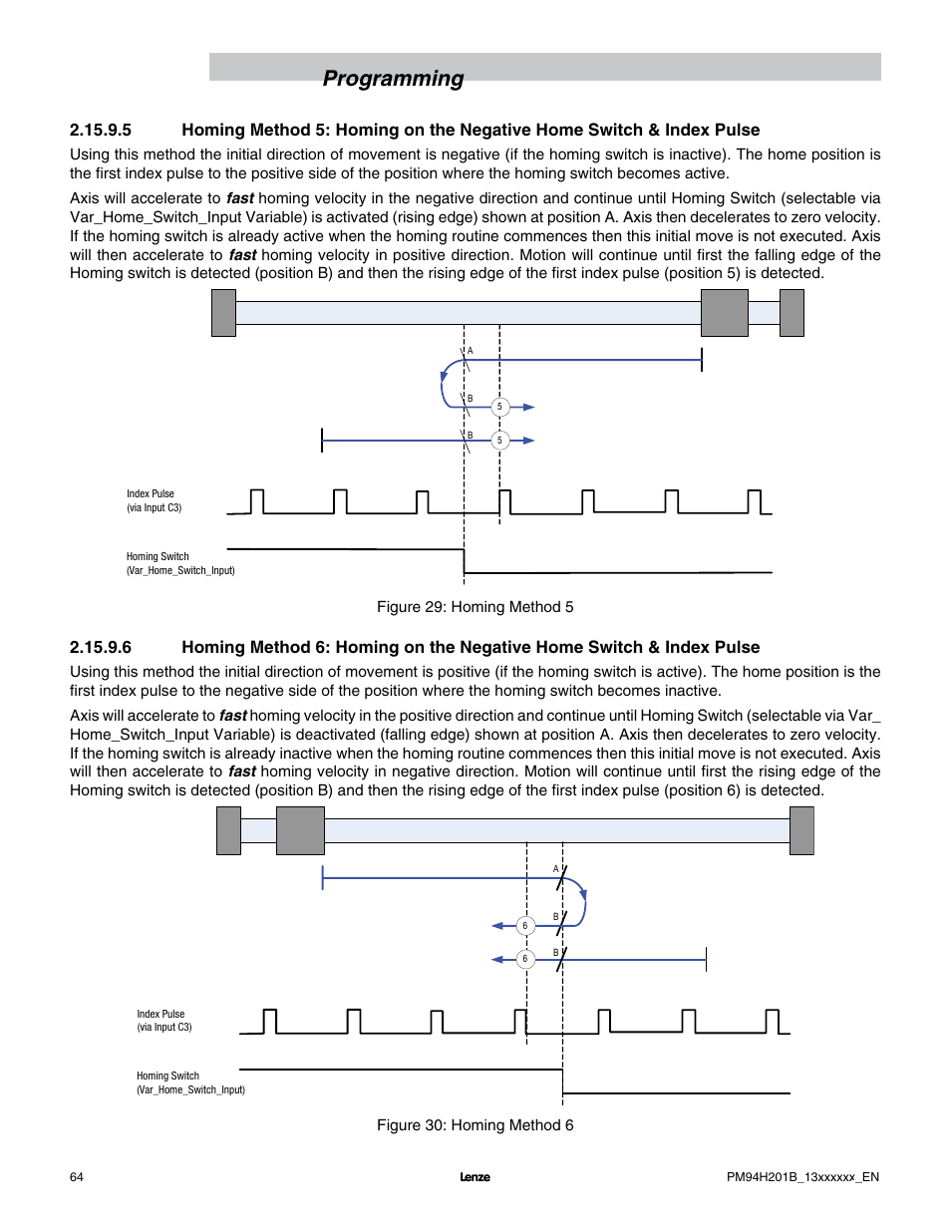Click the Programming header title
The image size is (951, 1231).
[393, 79]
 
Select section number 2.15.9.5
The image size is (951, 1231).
[101, 130]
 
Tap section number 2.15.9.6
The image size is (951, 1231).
[101, 647]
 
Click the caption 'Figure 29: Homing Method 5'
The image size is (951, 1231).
[475, 607]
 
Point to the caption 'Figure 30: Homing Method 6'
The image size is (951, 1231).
[475, 1125]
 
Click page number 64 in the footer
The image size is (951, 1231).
[77, 1177]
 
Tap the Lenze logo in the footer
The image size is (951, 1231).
[475, 1177]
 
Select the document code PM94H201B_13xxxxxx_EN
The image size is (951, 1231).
[802, 1177]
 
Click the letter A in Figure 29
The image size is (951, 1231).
[471, 351]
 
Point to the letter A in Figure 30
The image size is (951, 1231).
[556, 869]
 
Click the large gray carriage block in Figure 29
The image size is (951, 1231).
[725, 313]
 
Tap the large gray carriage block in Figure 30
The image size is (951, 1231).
[300, 830]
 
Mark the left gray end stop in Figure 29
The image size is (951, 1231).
[223, 313]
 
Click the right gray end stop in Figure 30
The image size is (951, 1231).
[801, 830]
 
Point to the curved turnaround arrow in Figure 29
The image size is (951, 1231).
[445, 384]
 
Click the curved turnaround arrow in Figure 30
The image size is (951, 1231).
[583, 902]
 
